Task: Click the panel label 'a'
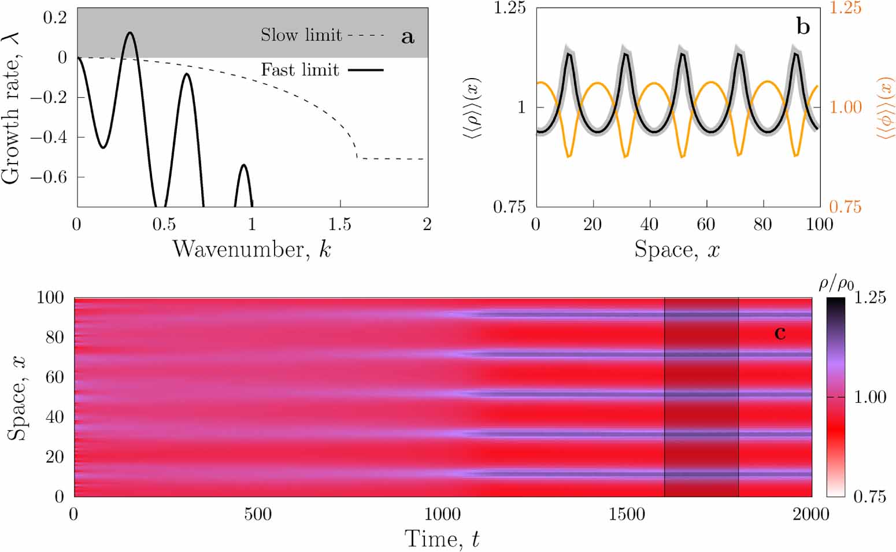pos(408,37)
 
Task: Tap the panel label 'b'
pos(803,26)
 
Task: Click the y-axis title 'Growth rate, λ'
pos(12,108)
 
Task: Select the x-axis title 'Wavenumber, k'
pos(252,249)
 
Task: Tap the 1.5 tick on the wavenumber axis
pos(340,224)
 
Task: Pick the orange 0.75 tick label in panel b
pos(845,206)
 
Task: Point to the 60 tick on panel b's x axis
pos(706,224)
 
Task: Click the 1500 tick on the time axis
pos(627,514)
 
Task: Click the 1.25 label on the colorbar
pos(869,298)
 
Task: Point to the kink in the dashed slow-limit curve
pos(356,157)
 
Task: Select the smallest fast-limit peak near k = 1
pos(243,165)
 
